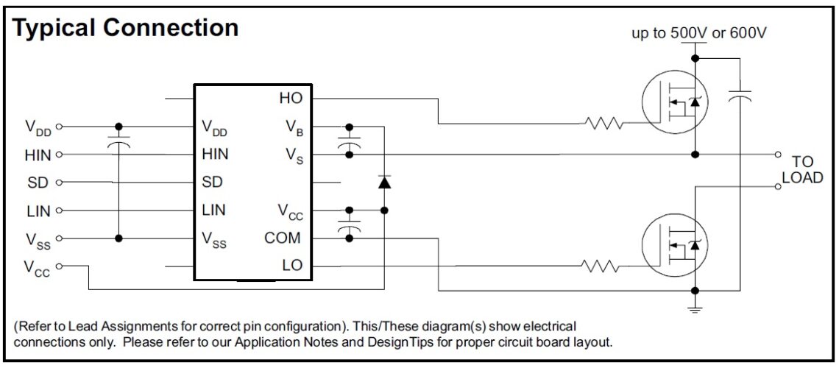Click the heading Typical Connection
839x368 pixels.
pos(126,27)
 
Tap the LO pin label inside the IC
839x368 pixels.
pos(291,266)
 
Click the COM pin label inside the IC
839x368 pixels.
pos(283,238)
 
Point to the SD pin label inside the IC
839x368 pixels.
pos(212,182)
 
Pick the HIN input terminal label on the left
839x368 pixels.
pos(38,155)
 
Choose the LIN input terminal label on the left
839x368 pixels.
pos(38,211)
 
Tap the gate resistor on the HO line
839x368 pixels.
pos(605,124)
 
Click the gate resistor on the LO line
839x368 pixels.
pos(605,266)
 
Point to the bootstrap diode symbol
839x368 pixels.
pos(383,182)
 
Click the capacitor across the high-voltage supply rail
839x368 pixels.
pos(739,96)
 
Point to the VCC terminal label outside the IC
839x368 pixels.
pos(37,269)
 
